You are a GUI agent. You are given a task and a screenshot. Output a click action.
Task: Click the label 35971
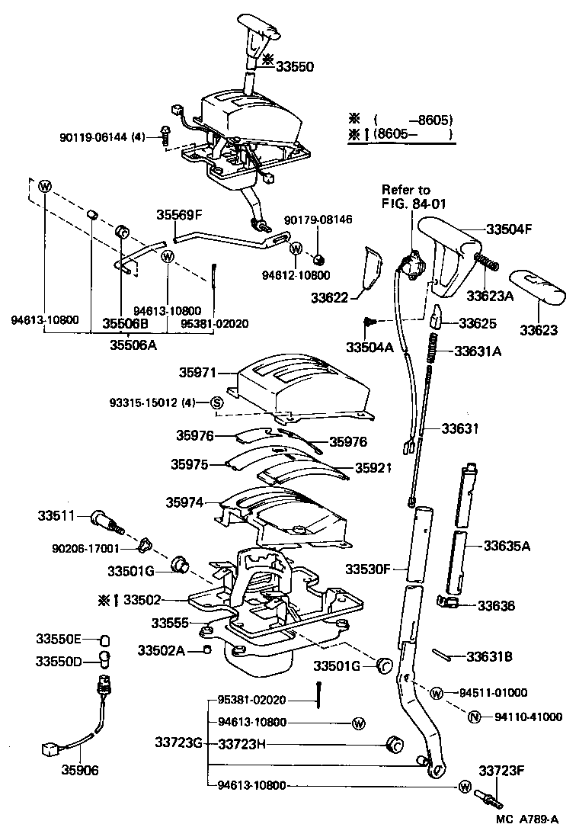198,374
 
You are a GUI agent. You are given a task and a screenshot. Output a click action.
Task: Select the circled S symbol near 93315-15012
216,402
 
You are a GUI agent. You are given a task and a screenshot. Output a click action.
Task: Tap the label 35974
185,502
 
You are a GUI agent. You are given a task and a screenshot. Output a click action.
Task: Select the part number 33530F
368,569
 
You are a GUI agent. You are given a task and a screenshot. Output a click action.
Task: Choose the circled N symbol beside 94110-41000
473,717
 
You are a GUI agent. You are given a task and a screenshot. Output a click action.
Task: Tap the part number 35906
80,771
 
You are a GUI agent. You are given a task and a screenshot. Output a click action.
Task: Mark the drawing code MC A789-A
526,819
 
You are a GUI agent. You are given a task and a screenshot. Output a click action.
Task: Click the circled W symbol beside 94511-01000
436,693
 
